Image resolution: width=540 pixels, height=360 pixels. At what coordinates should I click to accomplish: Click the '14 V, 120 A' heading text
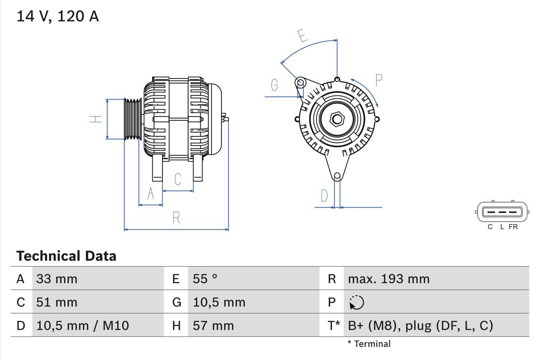[x=57, y=16]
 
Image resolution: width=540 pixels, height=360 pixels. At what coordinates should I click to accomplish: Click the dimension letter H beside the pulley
[x=97, y=119]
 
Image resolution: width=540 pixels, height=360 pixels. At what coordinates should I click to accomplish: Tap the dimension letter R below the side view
[x=176, y=218]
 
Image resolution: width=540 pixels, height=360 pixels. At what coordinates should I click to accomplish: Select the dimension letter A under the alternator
[x=151, y=194]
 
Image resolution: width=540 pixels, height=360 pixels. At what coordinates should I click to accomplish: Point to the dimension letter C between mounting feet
[x=178, y=179]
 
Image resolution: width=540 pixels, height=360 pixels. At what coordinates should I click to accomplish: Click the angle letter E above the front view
[x=302, y=36]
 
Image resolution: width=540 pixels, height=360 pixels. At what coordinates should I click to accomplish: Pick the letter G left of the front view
[x=275, y=85]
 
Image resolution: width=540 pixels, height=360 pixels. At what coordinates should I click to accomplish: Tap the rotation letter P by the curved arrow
[x=378, y=80]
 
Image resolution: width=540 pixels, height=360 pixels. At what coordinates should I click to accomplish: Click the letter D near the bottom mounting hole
[x=324, y=196]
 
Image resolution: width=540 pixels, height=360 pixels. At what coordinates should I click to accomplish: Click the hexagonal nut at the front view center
[x=337, y=119]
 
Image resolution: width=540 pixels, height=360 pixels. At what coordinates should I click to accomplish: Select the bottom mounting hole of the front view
[x=337, y=176]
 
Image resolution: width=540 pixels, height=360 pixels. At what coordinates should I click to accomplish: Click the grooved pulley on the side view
[x=133, y=119]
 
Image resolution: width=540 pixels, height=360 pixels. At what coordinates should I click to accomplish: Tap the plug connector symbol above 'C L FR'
[x=502, y=212]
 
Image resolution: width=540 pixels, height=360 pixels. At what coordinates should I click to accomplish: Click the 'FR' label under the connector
[x=513, y=227]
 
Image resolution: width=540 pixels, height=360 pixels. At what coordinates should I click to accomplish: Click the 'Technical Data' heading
[x=66, y=256]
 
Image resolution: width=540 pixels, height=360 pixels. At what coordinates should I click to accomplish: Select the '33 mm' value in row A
[x=57, y=279]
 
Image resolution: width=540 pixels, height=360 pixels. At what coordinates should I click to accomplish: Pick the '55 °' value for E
[x=205, y=279]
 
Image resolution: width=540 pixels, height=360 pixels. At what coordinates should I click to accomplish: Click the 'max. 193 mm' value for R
[x=389, y=279]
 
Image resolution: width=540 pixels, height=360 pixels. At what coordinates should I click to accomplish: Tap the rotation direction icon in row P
[x=356, y=303]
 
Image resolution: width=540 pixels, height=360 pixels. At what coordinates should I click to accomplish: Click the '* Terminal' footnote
[x=369, y=344]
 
